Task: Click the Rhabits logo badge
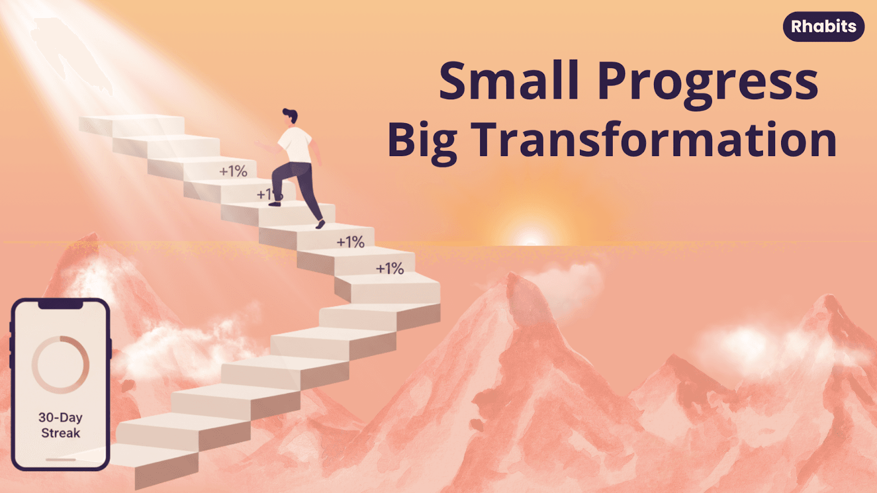pyautogui.click(x=823, y=27)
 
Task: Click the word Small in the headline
pyautogui.click(x=509, y=81)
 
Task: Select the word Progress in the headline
pyautogui.click(x=708, y=84)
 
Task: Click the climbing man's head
pyautogui.click(x=290, y=117)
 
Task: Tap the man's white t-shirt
pyautogui.click(x=296, y=145)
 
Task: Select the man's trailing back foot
pyautogui.click(x=320, y=225)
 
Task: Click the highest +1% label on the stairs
pyautogui.click(x=233, y=171)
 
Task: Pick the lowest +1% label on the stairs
pyautogui.click(x=390, y=268)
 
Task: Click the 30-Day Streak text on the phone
pyautogui.click(x=60, y=425)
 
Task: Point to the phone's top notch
pyautogui.click(x=60, y=305)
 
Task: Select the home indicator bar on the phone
pyautogui.click(x=60, y=460)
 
